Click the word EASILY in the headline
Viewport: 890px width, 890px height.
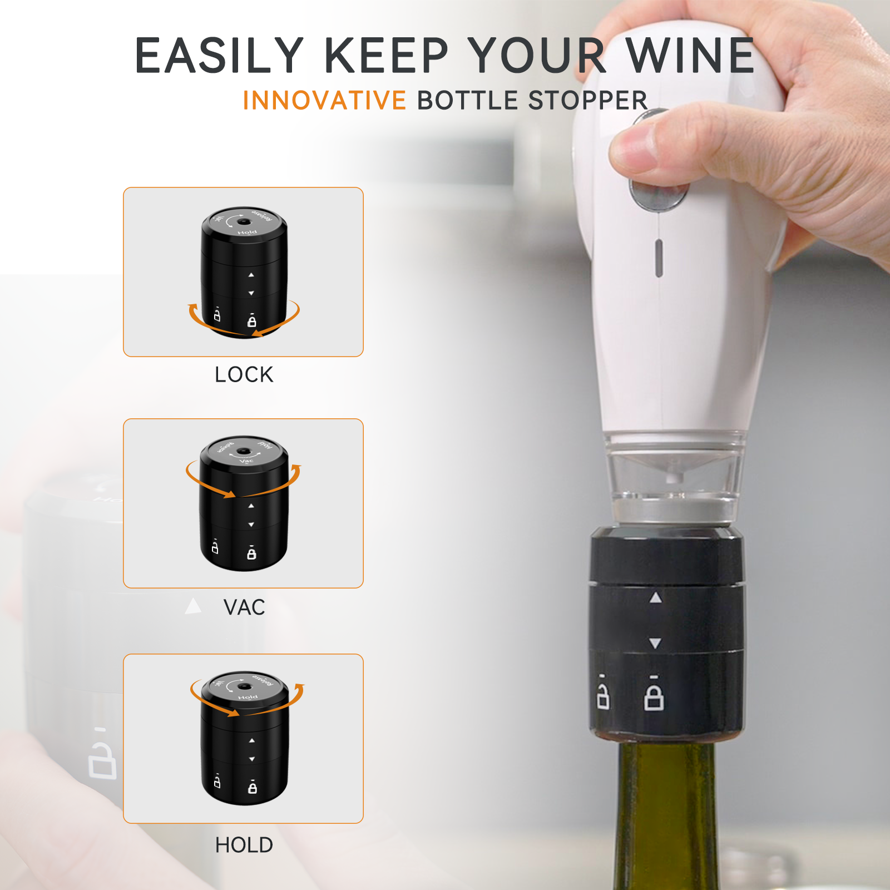[x=219, y=56]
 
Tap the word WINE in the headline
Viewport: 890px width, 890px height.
[x=690, y=56]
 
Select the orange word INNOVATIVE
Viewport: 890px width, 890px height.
[x=324, y=101]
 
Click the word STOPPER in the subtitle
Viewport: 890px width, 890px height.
[x=588, y=101]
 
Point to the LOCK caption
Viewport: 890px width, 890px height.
[x=244, y=375]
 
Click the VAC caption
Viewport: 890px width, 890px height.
[x=244, y=607]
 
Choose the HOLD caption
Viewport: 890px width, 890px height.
[x=244, y=845]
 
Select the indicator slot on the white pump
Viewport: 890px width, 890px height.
[x=659, y=258]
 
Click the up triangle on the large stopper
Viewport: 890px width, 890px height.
[x=656, y=598]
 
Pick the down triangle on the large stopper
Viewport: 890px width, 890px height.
[x=655, y=644]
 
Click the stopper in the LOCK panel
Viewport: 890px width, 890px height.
[x=244, y=273]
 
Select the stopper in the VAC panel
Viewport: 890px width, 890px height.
[x=244, y=503]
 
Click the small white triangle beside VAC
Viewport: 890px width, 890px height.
[x=193, y=606]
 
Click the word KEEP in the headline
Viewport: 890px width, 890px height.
[x=386, y=56]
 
